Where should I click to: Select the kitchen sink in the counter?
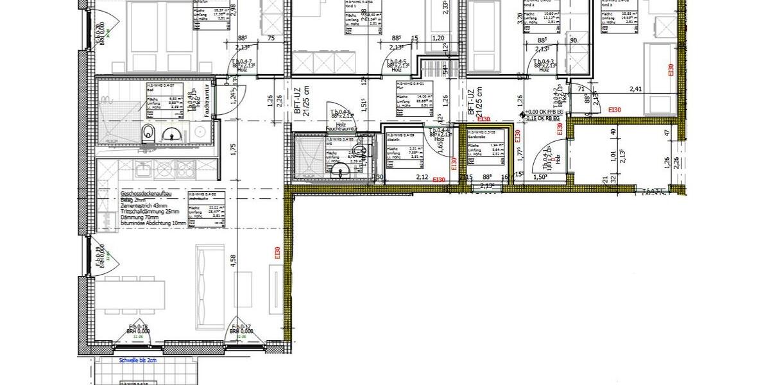pyautogui.click(x=143, y=170)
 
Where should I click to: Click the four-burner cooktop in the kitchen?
pyautogui.click(x=175, y=169)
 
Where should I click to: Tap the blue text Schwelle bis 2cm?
pyautogui.click(x=132, y=361)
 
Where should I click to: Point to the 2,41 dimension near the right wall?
pyautogui.click(x=635, y=89)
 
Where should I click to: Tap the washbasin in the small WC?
pyautogui.click(x=338, y=170)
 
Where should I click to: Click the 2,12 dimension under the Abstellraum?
pyautogui.click(x=422, y=177)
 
